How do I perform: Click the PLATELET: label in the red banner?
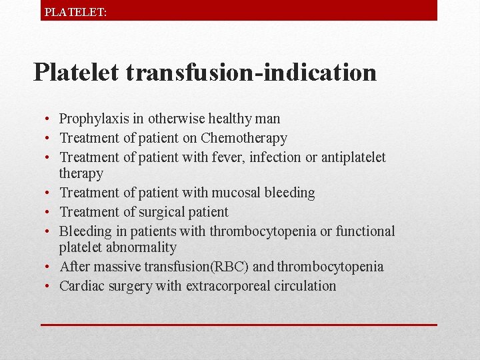click(75, 11)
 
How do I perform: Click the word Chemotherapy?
click(243, 139)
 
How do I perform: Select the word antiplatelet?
click(353, 158)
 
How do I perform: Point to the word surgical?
click(162, 213)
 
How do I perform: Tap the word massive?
click(112, 267)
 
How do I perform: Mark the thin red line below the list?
click(239, 325)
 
